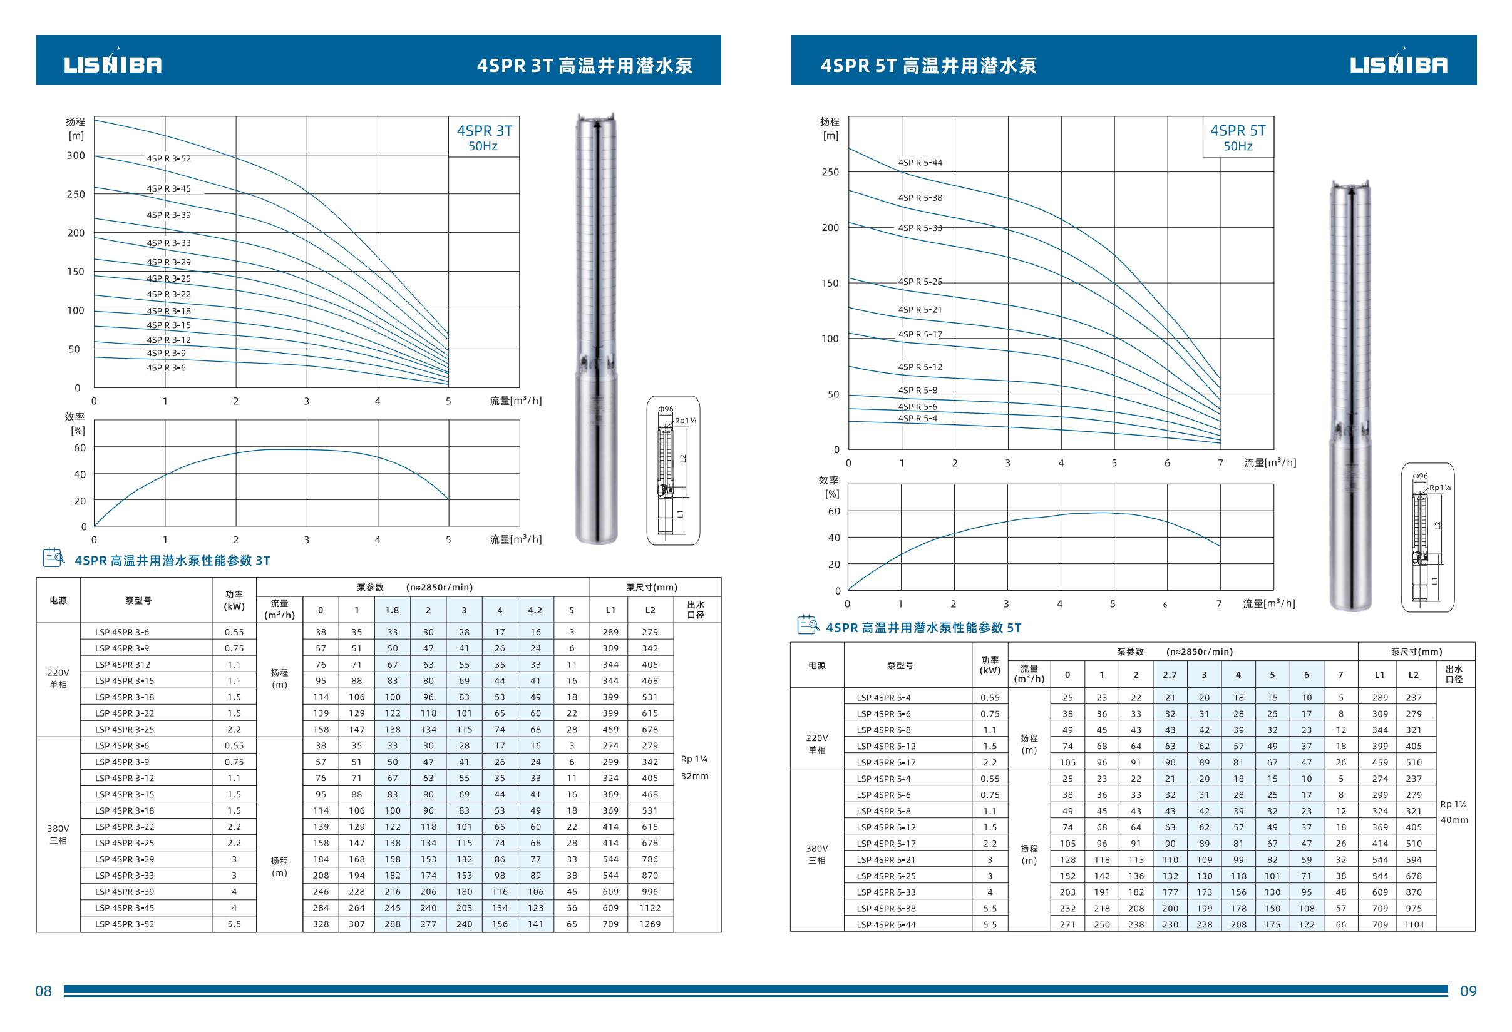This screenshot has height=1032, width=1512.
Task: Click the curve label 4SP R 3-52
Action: (x=168, y=159)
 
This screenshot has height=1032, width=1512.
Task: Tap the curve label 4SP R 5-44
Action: (x=920, y=163)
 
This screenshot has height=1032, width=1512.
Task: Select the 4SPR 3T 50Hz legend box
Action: (x=483, y=137)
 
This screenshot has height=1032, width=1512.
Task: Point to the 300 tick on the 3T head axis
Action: (x=76, y=155)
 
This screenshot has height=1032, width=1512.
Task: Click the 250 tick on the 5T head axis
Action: (x=830, y=172)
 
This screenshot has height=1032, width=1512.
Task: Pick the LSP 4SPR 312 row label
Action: (x=122, y=665)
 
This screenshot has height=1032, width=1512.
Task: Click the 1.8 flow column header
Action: (x=393, y=610)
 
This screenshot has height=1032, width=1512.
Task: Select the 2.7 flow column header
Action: (x=1170, y=675)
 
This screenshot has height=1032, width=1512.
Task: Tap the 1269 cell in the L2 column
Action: (x=650, y=924)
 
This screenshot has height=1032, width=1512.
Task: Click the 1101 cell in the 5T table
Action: (x=1414, y=924)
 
